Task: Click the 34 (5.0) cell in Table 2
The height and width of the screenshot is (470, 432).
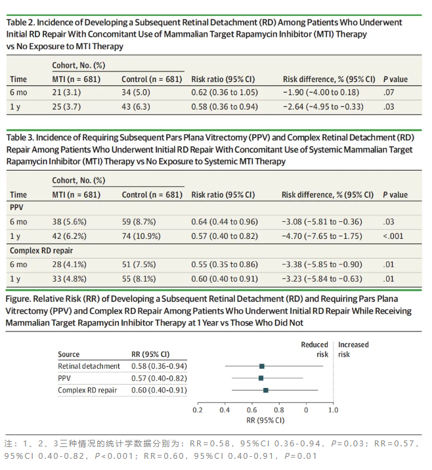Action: [x=136, y=93]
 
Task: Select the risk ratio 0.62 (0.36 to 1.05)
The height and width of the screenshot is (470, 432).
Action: [x=225, y=93]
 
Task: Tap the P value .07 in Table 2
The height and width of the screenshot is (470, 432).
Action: [x=389, y=93]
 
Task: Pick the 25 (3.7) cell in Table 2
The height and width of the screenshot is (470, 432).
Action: [x=66, y=107]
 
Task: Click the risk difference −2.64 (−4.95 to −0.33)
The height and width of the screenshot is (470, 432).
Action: [x=323, y=107]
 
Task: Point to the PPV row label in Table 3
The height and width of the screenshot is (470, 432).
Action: [x=16, y=207]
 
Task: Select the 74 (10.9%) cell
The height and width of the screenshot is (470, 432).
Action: [x=141, y=236]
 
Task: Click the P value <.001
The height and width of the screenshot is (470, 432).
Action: [x=393, y=236]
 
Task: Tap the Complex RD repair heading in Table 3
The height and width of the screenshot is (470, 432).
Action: [x=41, y=251]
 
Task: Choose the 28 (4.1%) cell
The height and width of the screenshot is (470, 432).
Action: [x=69, y=265]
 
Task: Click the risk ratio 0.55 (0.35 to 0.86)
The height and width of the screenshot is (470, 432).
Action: [x=225, y=265]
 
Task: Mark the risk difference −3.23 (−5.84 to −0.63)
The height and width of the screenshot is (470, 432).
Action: [x=322, y=279]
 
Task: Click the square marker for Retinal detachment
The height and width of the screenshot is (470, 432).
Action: [x=262, y=366]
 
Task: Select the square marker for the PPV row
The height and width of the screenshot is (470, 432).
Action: [x=261, y=378]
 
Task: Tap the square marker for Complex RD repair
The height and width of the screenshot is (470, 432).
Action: [x=266, y=390]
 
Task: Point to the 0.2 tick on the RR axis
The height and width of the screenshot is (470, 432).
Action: [x=198, y=410]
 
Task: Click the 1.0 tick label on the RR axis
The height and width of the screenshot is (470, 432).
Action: [x=333, y=410]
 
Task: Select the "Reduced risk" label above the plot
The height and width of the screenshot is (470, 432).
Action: [x=314, y=349]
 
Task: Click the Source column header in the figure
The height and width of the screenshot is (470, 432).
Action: [x=69, y=354]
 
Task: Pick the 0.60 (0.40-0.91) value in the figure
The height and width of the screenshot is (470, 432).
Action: [x=159, y=390]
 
